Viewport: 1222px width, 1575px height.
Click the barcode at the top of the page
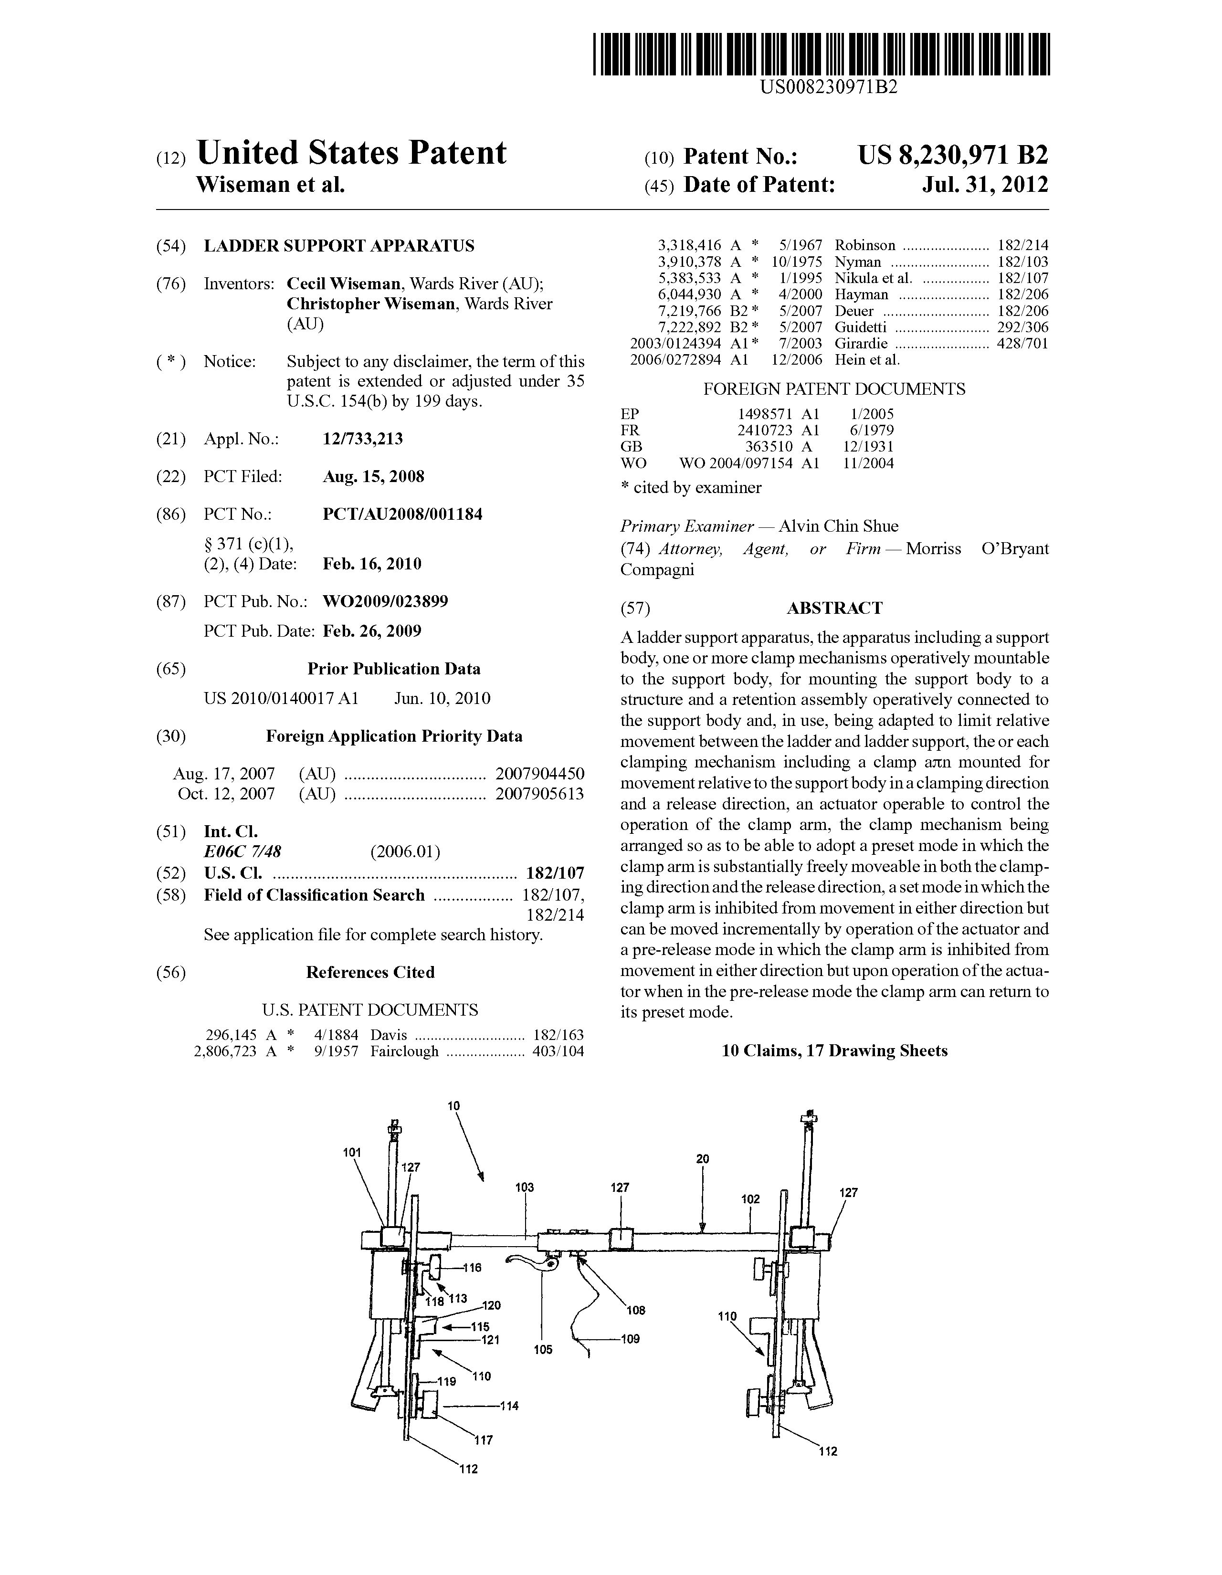821,54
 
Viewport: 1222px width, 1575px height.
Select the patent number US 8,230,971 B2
952,155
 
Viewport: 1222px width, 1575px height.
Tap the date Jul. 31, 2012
985,185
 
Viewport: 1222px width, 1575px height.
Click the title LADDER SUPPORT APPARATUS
339,246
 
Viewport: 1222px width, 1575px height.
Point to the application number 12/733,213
363,439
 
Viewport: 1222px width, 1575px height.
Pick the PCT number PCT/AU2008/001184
402,514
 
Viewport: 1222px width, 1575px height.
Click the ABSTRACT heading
834,608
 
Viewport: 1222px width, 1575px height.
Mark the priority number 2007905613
539,794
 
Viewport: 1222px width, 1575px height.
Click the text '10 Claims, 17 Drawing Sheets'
834,1051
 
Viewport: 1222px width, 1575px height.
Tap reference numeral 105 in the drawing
543,1349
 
